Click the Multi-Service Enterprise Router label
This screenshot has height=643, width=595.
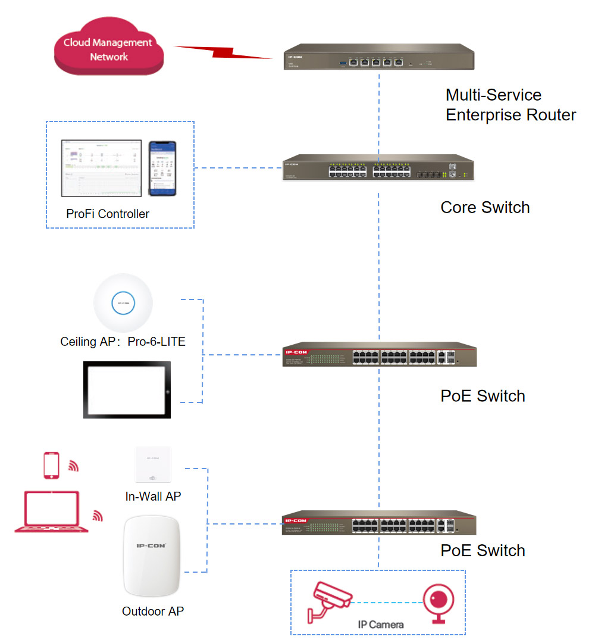coord(511,105)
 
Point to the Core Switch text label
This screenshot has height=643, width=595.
coord(485,207)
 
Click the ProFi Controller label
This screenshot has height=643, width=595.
coord(108,214)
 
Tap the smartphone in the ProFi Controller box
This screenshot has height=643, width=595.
coord(162,168)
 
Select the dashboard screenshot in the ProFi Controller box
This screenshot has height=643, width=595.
coord(101,168)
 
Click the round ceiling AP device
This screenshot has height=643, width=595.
coord(123,303)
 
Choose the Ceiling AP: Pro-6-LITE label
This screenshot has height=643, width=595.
coord(123,342)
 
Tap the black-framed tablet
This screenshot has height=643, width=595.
coord(127,389)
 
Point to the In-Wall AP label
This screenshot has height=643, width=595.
coord(152,496)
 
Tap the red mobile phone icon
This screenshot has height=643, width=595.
coord(52,465)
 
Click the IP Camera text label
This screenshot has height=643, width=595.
coord(381,625)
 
